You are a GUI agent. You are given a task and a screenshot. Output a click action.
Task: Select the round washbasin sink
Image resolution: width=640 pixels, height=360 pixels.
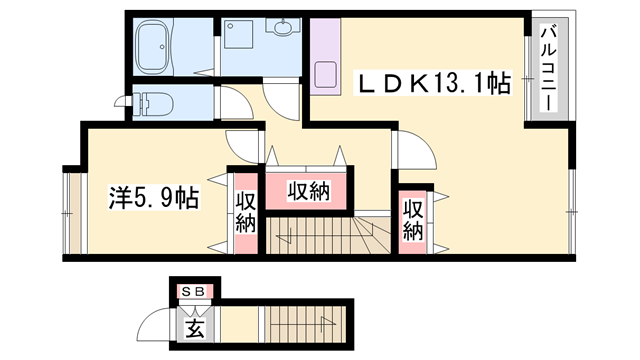(x=280, y=29)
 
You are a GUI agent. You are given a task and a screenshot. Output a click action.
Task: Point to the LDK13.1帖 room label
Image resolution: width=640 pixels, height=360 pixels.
(x=435, y=86)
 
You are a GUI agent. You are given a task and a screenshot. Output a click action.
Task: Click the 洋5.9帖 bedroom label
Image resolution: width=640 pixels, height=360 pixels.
(x=153, y=198)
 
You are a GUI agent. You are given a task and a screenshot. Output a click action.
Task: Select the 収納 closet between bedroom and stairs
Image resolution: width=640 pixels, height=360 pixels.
(x=246, y=211)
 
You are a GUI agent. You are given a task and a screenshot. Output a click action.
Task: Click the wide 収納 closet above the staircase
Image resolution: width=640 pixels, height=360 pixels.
(x=309, y=190)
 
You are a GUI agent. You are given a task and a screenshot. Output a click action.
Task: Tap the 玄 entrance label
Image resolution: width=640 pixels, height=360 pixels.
(x=194, y=326)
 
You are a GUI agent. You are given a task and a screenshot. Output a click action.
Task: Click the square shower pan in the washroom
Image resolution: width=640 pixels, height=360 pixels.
(x=239, y=34)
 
